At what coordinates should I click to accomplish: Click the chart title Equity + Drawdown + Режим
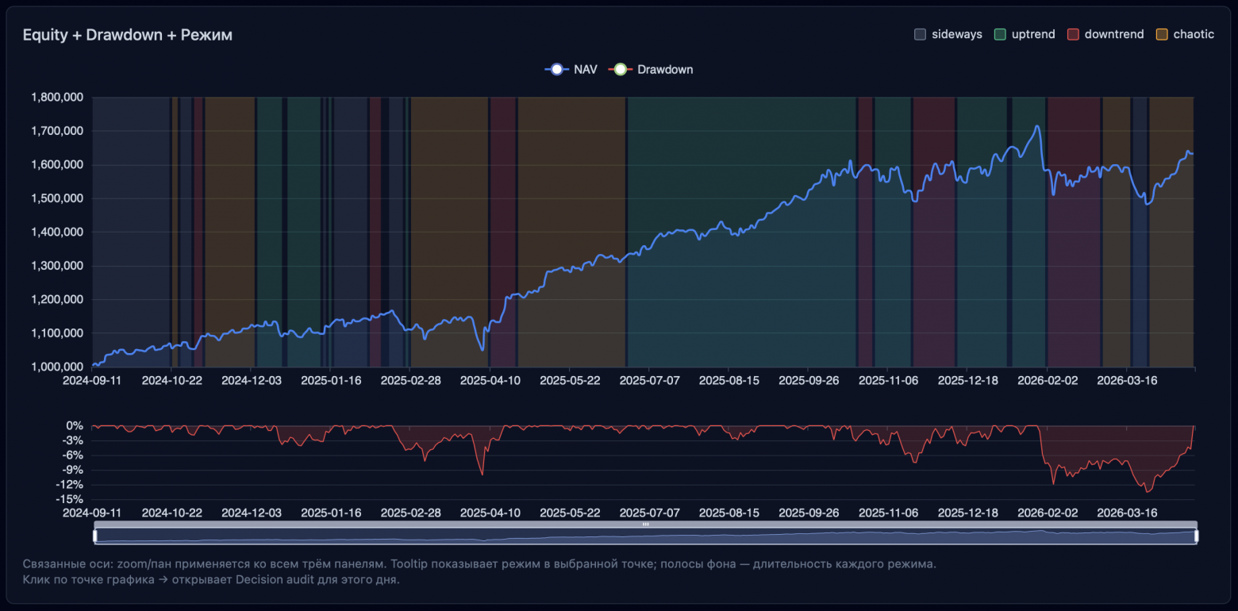point(127,35)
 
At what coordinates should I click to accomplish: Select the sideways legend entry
point(948,34)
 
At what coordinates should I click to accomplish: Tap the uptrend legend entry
point(1025,34)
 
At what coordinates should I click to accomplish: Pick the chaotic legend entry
point(1185,34)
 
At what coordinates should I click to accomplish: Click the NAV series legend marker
point(557,70)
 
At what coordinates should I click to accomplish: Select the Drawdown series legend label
point(665,70)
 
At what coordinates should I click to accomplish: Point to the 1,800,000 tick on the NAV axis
point(58,98)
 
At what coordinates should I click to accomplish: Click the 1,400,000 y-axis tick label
point(58,232)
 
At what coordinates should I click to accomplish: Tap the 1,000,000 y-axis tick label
point(58,367)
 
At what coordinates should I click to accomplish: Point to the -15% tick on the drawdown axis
point(69,499)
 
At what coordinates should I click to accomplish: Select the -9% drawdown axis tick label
point(72,470)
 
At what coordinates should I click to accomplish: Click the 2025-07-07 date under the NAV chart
point(649,381)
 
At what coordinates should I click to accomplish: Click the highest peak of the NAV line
point(1036,125)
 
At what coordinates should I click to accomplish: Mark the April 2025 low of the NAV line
point(482,349)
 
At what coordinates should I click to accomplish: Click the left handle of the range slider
point(94,536)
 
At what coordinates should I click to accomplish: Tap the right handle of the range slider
point(1196,536)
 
